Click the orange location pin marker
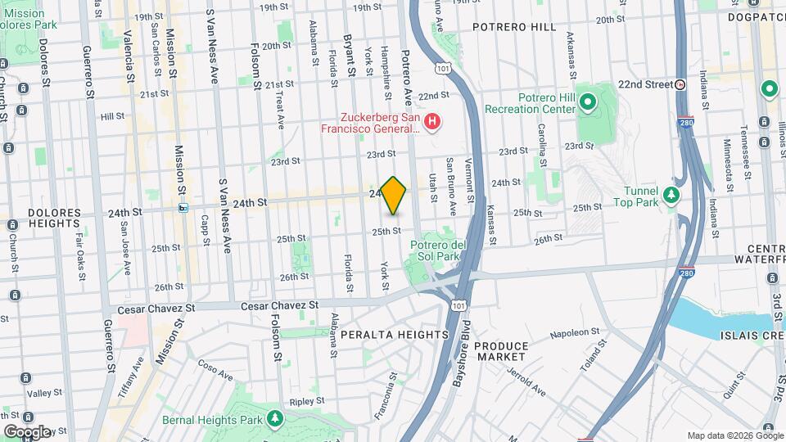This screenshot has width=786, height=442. click(x=394, y=195)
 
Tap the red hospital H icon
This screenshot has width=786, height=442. click(x=433, y=122)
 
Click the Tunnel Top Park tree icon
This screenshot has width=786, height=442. click(x=671, y=194)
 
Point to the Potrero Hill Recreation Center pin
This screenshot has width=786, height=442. click(x=587, y=102)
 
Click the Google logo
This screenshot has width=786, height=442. click(x=27, y=431)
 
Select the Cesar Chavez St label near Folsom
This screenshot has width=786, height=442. click(x=278, y=304)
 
